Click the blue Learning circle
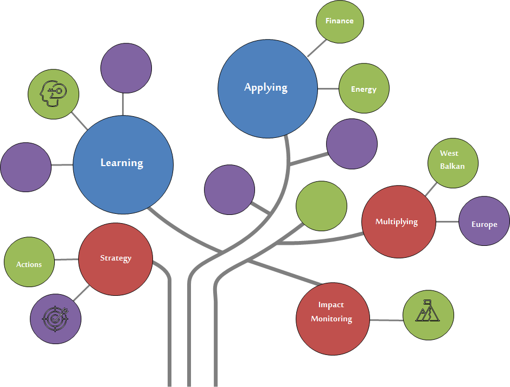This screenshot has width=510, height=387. click(123, 164)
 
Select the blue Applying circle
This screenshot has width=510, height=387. click(267, 88)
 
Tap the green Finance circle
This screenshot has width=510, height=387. click(340, 21)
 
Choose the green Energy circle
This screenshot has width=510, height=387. click(364, 88)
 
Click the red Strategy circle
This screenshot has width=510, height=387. click(116, 259)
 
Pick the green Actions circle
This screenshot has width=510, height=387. click(29, 262)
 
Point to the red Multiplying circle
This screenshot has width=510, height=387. click(399, 221)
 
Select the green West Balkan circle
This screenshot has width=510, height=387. click(452, 163)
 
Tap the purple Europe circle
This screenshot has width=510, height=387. click(484, 221)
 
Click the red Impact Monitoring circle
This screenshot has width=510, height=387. click(333, 319)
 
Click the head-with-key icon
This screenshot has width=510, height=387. click(53, 93)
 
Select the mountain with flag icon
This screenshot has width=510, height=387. click(428, 310)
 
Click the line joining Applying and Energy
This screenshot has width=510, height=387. click(328, 88)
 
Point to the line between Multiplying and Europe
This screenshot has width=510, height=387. click(447, 221)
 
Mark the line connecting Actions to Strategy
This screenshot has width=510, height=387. click(66, 259)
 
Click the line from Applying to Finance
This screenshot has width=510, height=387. click(316, 48)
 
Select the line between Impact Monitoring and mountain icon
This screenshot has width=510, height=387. click(386, 320)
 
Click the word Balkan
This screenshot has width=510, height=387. click(452, 166)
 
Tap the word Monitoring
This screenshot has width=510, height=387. click(331, 319)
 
